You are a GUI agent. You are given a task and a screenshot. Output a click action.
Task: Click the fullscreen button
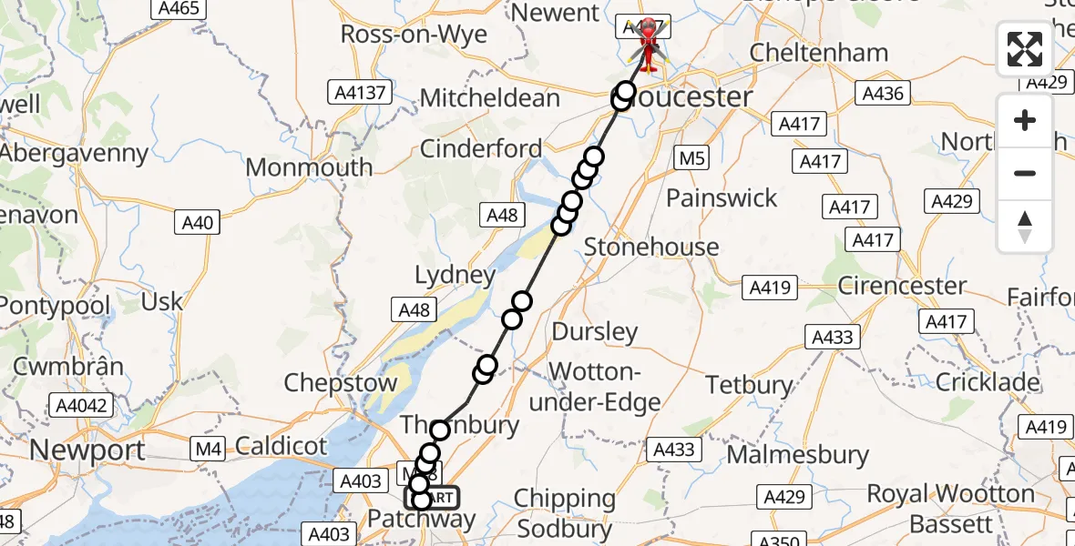(1025, 49)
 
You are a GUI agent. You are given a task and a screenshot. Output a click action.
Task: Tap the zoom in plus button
(1025, 121)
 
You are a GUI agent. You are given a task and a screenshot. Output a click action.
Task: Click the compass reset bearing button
(1025, 226)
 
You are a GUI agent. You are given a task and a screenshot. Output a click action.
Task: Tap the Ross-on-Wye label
(414, 35)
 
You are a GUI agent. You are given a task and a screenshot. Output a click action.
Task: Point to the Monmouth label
(309, 167)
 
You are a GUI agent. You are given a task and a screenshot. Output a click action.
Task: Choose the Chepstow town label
(341, 383)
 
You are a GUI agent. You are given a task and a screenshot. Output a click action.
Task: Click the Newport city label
(87, 450)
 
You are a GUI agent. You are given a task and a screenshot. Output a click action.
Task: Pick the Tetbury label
(749, 385)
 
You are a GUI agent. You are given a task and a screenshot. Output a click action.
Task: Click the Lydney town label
(456, 275)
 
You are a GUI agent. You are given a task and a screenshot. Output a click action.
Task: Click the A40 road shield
(197, 223)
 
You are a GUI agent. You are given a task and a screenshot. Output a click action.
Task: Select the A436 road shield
(883, 93)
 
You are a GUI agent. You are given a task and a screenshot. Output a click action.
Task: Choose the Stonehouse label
(651, 247)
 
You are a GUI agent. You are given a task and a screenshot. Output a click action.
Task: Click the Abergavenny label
(75, 153)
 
